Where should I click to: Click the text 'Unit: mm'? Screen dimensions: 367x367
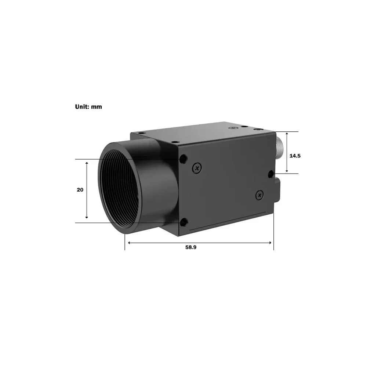[x=88, y=107]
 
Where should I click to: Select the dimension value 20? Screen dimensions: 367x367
[x=80, y=190]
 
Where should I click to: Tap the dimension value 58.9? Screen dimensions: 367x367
[x=191, y=247]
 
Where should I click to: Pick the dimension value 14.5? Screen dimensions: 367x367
[x=295, y=156]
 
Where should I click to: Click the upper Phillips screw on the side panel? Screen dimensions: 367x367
[x=197, y=168]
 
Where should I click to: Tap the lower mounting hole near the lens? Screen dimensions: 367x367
[x=183, y=222]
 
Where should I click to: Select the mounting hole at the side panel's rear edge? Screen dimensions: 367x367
[x=271, y=173]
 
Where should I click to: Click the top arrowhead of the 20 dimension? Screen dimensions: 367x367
[x=87, y=163]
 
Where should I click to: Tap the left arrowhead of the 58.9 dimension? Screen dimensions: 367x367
[x=128, y=243]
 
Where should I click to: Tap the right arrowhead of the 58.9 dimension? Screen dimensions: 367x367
[x=270, y=243]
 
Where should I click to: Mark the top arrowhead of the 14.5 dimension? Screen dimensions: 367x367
[x=287, y=134]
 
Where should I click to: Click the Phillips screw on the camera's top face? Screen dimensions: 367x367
[x=232, y=128]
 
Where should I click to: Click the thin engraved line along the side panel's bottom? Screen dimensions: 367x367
[x=228, y=222]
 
